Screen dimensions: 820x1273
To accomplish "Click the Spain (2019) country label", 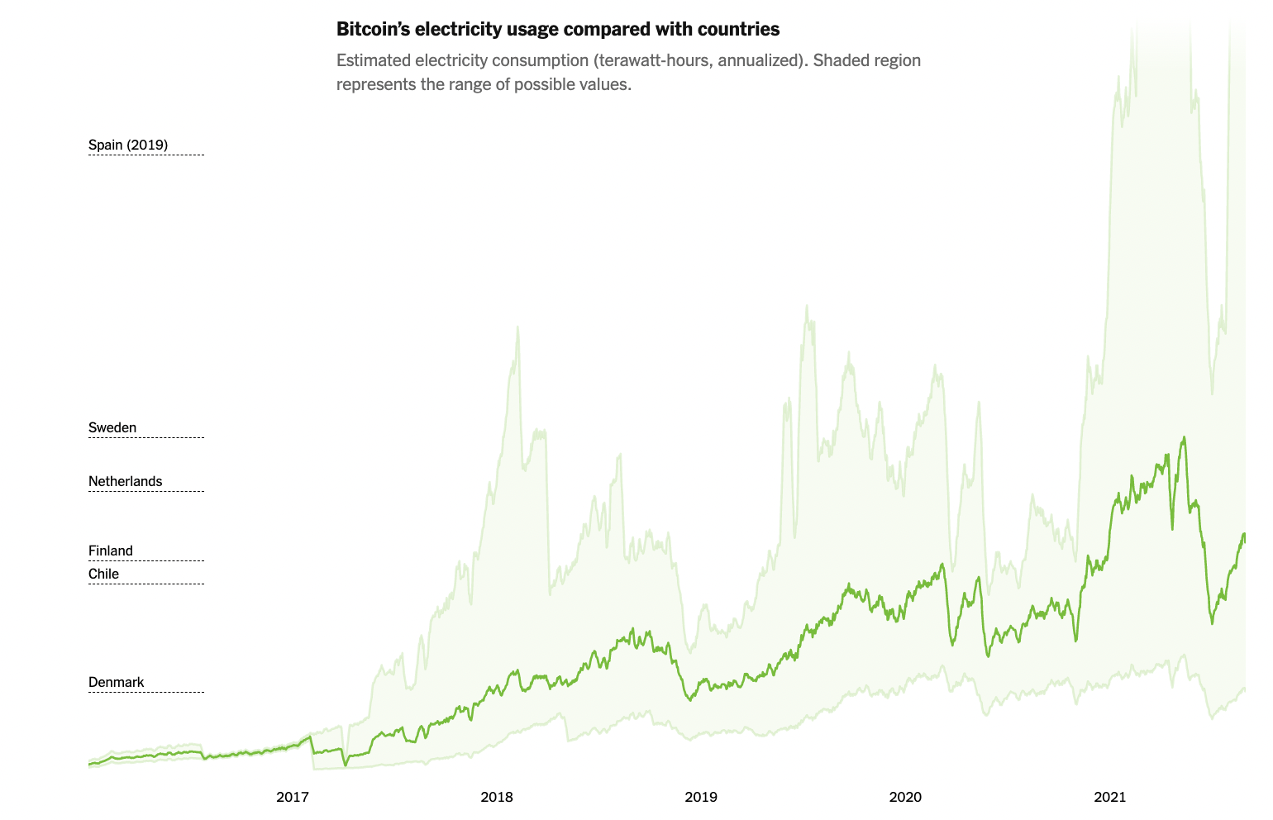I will point(128,145).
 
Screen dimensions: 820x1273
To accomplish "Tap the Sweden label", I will point(112,427).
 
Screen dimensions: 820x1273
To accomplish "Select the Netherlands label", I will point(126,481).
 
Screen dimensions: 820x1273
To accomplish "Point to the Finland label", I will point(111,551).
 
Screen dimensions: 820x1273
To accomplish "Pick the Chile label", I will point(104,574).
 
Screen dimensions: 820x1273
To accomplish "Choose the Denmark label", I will point(117,682).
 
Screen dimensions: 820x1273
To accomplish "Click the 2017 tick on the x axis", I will point(293,797).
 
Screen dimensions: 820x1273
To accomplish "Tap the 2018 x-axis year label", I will point(497,797).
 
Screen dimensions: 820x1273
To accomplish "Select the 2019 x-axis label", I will point(701,797).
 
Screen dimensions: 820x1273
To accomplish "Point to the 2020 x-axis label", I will point(905,797).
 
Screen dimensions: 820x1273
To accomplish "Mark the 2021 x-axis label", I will point(1110,797).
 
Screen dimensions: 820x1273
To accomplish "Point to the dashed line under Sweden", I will point(146,437).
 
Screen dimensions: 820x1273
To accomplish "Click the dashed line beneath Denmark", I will point(146,692).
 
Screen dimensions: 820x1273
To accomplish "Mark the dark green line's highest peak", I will point(1184,437).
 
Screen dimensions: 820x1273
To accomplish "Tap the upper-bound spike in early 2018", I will point(517,327).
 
